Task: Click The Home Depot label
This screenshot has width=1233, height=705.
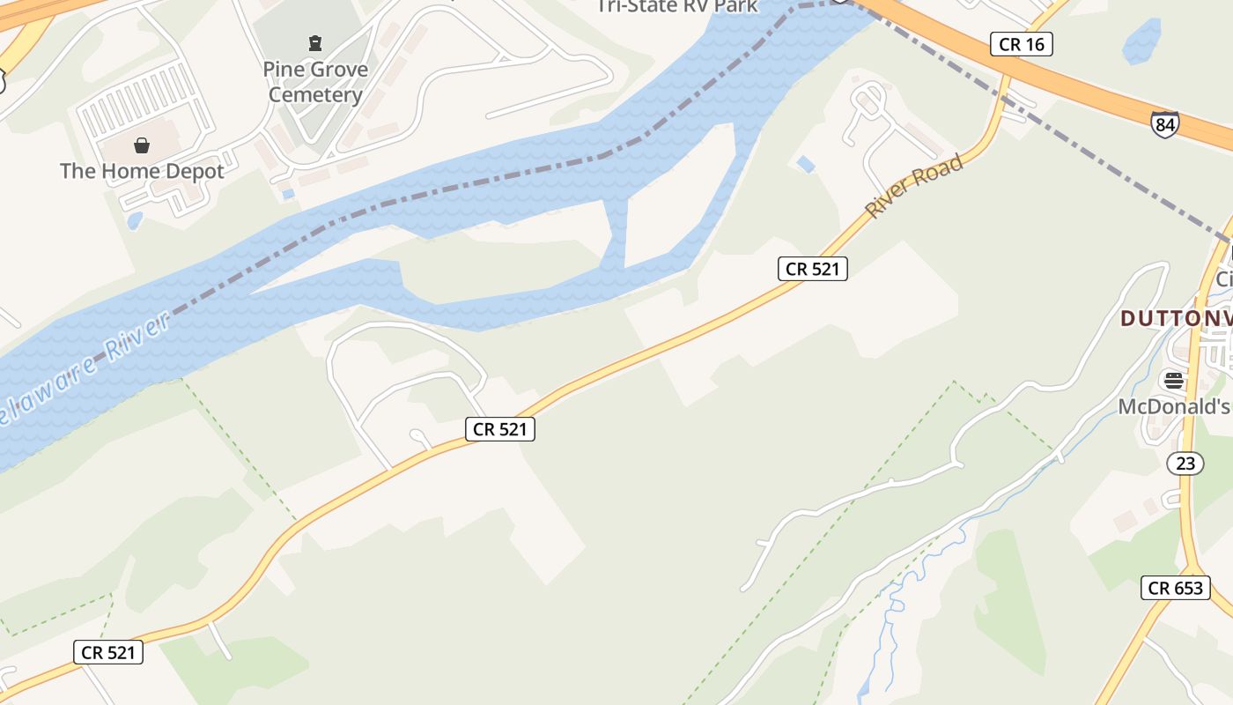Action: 142,171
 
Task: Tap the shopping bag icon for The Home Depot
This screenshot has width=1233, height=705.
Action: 142,145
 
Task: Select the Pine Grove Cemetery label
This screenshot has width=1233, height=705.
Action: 315,82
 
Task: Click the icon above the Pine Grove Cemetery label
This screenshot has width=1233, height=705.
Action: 314,42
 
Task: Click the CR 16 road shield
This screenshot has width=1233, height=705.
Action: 1022,44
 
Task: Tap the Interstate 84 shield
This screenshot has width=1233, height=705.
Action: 1164,125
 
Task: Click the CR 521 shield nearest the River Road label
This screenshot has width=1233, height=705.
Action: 812,269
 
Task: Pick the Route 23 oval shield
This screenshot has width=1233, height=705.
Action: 1185,463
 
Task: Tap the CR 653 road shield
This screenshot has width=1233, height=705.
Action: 1175,588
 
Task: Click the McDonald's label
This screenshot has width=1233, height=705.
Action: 1173,406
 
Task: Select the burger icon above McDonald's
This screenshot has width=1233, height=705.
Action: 1173,381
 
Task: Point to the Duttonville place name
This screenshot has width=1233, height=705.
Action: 1175,318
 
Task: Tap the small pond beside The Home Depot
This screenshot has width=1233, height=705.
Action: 135,219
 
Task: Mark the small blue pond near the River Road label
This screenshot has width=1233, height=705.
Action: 805,164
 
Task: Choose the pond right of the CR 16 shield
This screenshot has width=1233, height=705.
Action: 1142,41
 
